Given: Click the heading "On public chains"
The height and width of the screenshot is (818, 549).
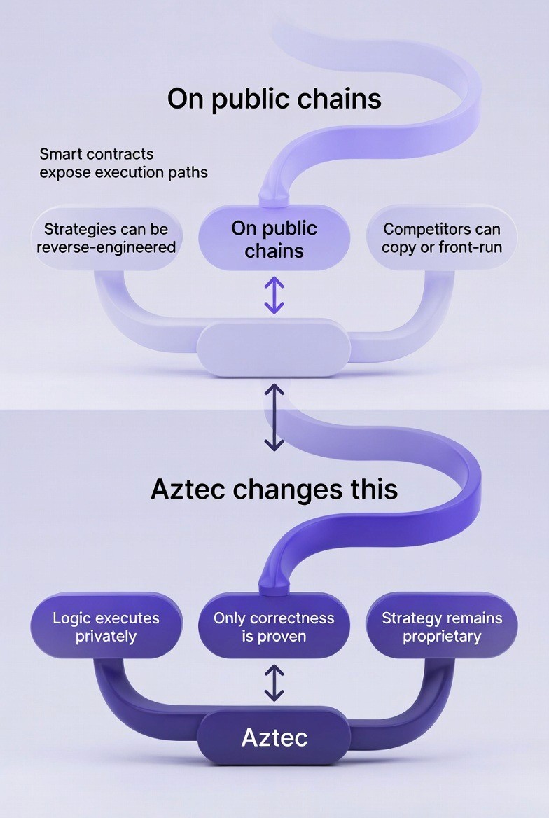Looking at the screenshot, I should click(x=274, y=99).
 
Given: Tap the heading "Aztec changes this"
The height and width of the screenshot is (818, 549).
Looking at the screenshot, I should click(x=274, y=490).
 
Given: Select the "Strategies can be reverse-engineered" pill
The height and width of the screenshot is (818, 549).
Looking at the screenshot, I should click(x=106, y=238).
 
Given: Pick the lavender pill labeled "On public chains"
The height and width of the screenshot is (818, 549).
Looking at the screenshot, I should click(x=274, y=239).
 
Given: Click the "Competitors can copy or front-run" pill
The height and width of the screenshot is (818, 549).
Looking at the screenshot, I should click(x=442, y=238).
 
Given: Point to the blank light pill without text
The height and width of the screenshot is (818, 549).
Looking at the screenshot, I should click(x=273, y=347).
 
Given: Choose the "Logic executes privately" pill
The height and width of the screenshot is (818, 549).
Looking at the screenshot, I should click(x=106, y=627).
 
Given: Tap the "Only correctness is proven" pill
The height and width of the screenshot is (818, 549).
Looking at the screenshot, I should click(x=274, y=627).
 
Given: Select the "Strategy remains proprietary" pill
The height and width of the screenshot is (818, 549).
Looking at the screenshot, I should click(x=442, y=627).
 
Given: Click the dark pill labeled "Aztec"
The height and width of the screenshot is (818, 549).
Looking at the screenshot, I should click(x=274, y=737).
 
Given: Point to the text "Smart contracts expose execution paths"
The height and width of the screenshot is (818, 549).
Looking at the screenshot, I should click(x=123, y=162).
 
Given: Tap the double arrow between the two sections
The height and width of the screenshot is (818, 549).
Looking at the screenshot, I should click(x=274, y=417).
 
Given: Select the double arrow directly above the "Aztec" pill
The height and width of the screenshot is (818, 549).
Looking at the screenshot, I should click(x=274, y=683).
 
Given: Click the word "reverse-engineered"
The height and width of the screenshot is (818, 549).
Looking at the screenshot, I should click(x=106, y=247).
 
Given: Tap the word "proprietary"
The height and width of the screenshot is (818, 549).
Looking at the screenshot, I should click(x=442, y=637).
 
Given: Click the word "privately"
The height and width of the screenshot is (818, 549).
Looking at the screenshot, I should click(x=106, y=637).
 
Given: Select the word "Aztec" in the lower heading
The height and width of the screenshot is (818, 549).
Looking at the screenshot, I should click(x=188, y=490).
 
